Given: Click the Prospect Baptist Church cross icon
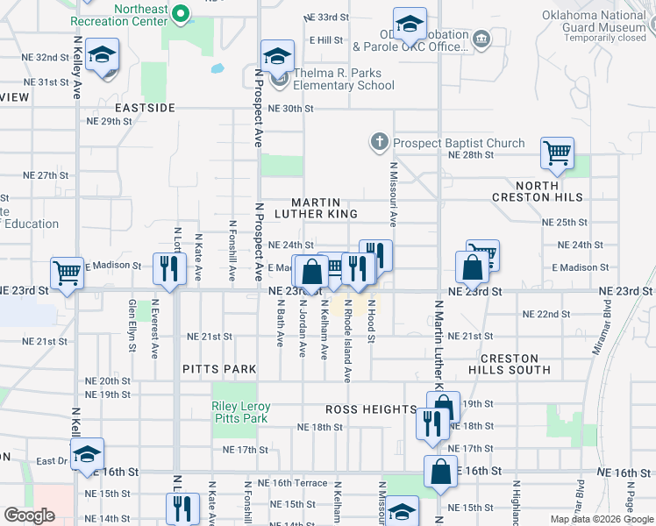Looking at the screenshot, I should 379,143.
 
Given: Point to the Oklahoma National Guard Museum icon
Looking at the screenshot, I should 481,39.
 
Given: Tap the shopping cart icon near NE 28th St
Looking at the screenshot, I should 557,153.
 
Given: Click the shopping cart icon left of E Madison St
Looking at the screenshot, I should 68,274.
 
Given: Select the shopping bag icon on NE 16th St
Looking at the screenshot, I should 439,472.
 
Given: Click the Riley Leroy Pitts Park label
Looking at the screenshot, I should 240,413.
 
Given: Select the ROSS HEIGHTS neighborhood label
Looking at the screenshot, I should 371,409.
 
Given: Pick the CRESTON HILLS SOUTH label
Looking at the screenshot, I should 516,364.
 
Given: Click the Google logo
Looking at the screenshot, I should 30,515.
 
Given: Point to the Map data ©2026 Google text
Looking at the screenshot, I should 601,519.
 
